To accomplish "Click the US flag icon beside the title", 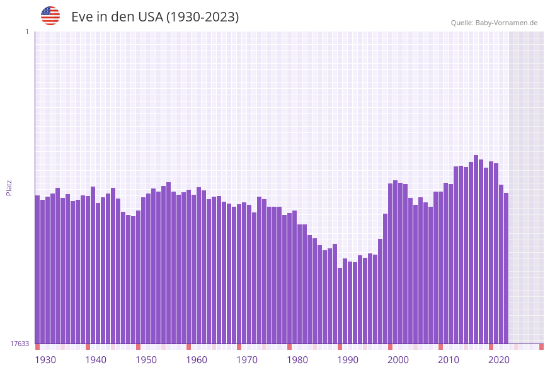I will point(50,16).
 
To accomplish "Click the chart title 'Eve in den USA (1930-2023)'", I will point(155,16).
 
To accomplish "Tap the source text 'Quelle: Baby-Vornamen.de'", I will point(494,23).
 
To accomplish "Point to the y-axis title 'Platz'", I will point(9,187).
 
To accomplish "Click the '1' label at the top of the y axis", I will point(27,32).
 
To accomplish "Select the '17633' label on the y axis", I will point(20,344).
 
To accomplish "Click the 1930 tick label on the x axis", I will point(45,360).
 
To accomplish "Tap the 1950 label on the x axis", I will point(146,360).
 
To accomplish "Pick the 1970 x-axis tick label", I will point(247,360).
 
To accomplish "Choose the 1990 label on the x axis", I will point(348,360).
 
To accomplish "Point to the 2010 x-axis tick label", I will point(449,360).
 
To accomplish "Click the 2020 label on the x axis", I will point(499,360).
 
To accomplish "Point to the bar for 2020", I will point(491,252).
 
